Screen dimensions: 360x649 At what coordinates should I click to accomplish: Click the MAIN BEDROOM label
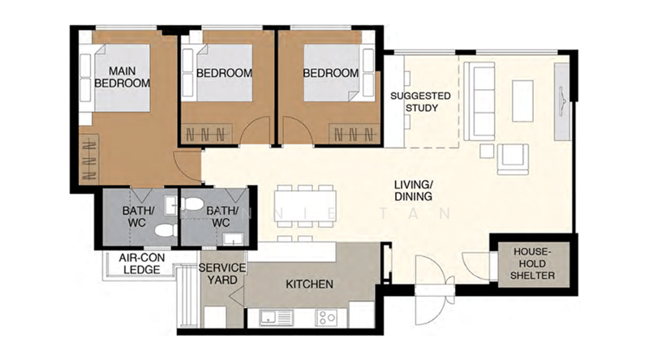coord(122,76)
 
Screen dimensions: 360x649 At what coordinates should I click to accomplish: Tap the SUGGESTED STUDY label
coord(420,101)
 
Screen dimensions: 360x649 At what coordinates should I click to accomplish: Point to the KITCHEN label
coord(309,285)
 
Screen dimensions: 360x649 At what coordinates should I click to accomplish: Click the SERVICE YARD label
coord(221,273)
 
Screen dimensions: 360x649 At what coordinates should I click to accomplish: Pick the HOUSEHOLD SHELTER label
coord(534,264)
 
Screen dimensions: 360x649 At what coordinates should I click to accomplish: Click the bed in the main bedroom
coord(122,81)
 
